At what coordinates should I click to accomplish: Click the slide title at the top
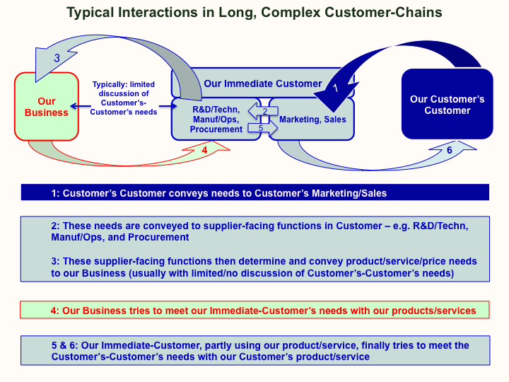255,12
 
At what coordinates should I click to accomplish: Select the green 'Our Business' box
47,107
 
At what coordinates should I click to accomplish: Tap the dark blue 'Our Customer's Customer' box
447,105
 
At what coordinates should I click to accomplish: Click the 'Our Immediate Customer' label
262,83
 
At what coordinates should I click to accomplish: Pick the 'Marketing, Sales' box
312,120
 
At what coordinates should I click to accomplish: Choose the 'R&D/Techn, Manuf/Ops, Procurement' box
216,120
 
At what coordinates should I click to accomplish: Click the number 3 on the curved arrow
57,58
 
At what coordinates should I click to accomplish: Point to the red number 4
204,149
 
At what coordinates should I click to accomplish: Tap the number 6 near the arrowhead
450,150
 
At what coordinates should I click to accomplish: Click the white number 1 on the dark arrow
335,88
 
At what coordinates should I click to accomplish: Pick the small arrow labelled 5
260,129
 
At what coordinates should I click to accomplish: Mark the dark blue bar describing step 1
255,192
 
